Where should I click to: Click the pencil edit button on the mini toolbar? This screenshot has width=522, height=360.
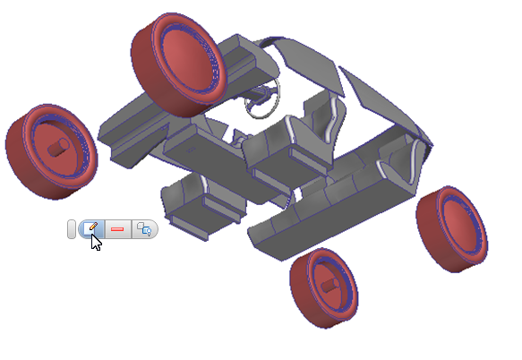tap(90, 228)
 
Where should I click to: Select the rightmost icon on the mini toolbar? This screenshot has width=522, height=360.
tap(143, 229)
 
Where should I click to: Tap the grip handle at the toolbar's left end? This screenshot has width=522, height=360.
tap(73, 229)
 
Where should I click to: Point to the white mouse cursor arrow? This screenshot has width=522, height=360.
tap(96, 242)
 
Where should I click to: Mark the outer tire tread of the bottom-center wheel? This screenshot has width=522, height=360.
tap(304, 300)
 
